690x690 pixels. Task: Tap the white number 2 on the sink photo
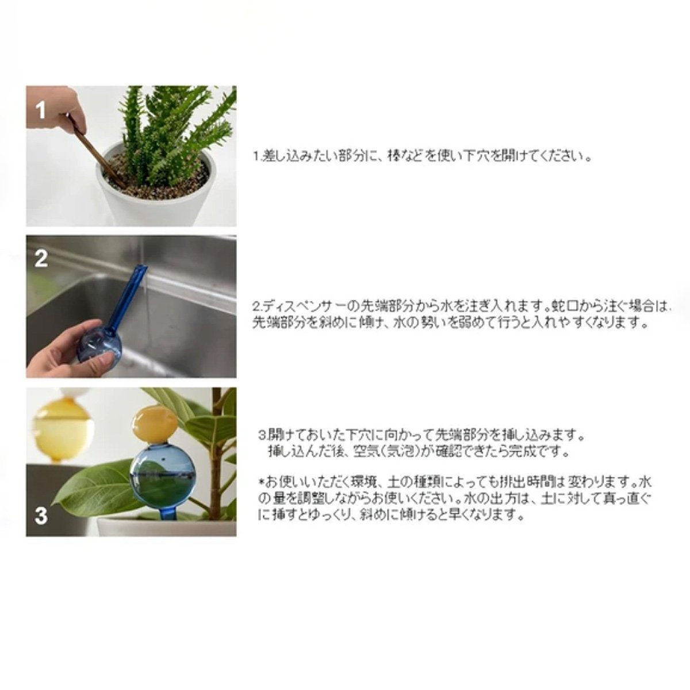tap(41, 259)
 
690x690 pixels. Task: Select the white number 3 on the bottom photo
tap(41, 516)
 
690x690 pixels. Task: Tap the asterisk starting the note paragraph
tap(262, 482)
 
